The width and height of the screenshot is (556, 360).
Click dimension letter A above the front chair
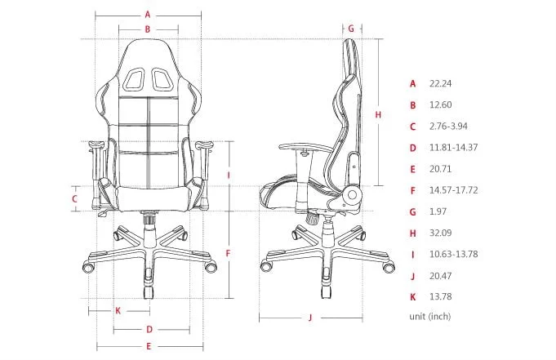tap(148, 14)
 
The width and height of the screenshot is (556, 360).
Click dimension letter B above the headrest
tap(148, 29)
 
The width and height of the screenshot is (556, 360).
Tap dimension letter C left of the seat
tap(74, 198)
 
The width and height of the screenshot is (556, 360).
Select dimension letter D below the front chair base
tap(149, 330)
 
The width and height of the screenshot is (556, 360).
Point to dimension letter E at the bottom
tap(149, 347)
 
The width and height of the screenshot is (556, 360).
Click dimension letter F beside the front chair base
tap(229, 254)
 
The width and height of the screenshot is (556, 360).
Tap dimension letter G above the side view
tap(350, 28)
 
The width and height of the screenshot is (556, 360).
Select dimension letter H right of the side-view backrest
tap(378, 115)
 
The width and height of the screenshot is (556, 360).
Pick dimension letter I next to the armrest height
tap(229, 175)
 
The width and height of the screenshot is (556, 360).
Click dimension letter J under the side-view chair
tap(311, 318)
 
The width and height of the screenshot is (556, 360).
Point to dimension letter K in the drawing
tap(118, 310)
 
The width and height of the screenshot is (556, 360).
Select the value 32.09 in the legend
tap(440, 233)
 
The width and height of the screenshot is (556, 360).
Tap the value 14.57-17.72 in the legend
tap(453, 190)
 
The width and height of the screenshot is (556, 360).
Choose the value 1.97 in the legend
tap(438, 211)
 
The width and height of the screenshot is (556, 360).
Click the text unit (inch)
tap(429, 316)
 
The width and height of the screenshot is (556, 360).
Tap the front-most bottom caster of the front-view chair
tap(148, 291)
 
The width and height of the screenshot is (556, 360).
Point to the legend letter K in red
tap(413, 297)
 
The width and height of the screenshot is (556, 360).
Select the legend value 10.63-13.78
tap(453, 254)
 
